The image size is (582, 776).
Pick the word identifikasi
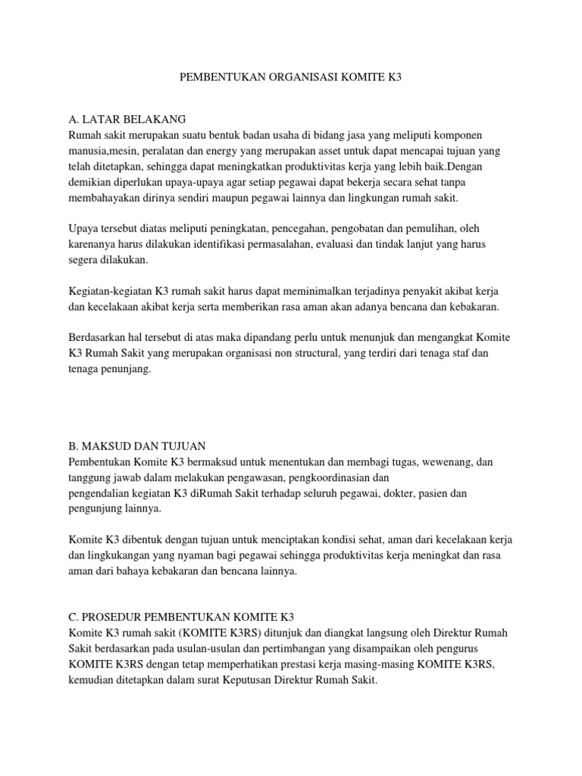point(246,244)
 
